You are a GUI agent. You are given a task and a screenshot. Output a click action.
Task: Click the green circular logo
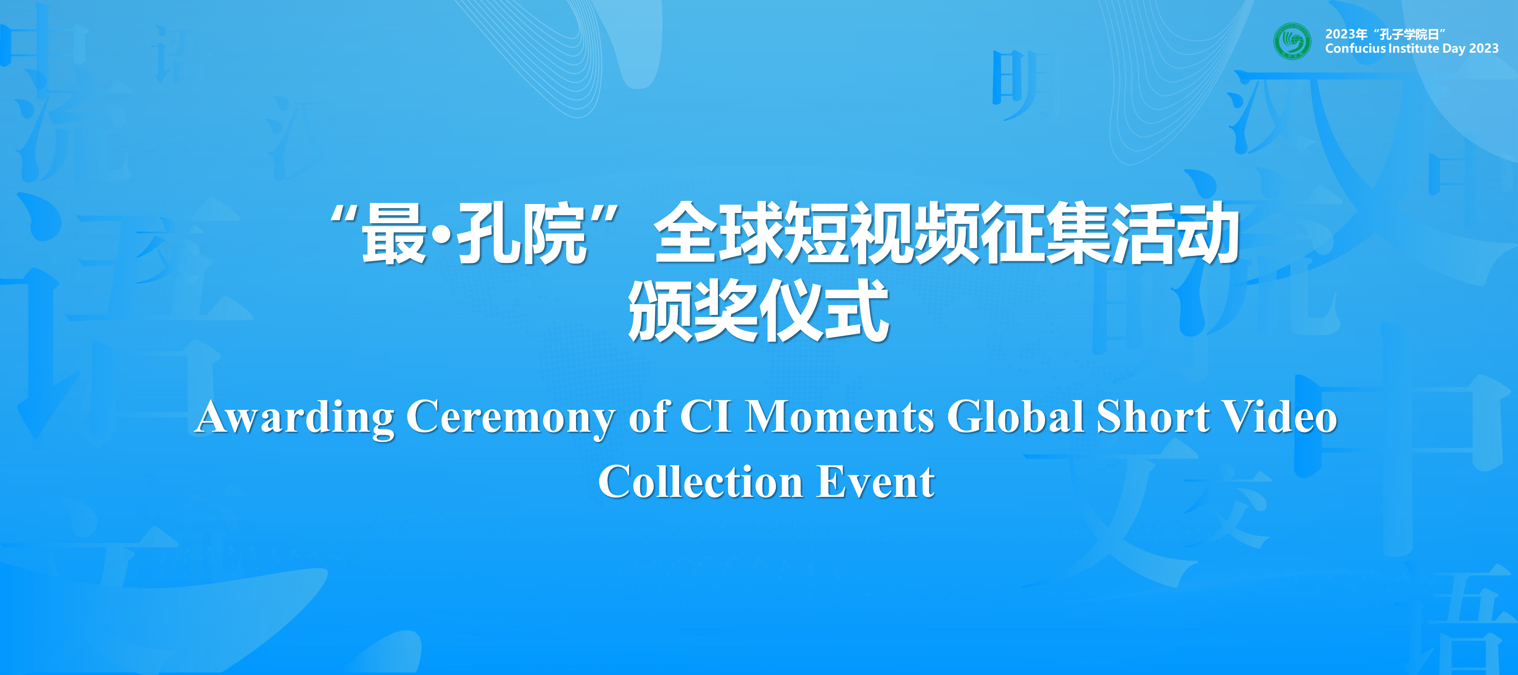1292,41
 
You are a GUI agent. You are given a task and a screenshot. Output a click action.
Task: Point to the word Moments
839,416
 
